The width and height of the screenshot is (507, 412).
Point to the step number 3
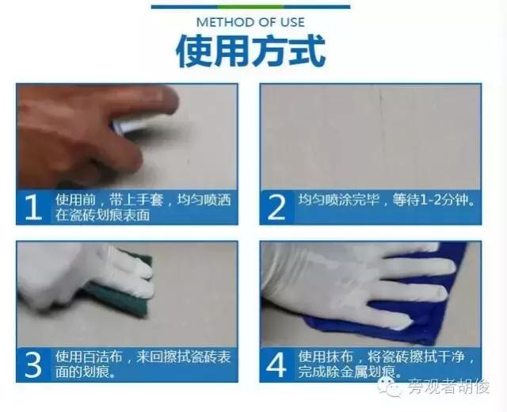(x=33, y=364)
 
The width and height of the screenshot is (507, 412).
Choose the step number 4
(x=276, y=364)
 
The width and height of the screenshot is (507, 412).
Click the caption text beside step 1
(x=135, y=207)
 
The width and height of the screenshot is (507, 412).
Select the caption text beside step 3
(x=135, y=364)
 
